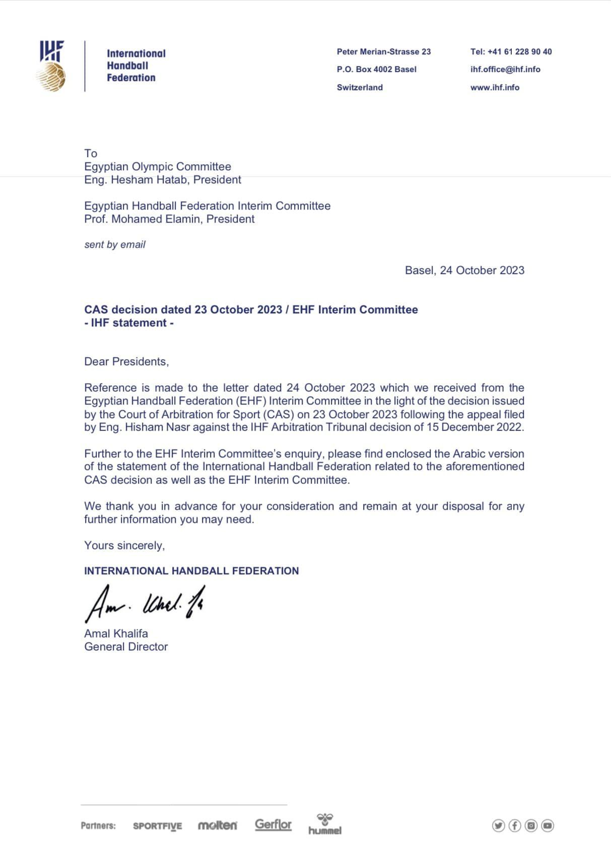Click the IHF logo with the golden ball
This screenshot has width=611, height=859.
[52, 66]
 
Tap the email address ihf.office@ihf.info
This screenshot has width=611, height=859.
[505, 70]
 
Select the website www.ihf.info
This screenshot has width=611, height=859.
[495, 88]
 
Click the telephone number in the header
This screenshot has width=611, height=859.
[511, 52]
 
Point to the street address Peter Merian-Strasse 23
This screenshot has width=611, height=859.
[384, 52]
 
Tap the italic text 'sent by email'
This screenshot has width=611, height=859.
[115, 245]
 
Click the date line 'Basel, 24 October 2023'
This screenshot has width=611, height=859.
[464, 271]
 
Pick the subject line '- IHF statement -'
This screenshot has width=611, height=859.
[129, 323]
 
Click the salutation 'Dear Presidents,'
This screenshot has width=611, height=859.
[126, 362]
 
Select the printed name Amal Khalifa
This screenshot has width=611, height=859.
[116, 634]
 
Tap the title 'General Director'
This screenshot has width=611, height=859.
[126, 647]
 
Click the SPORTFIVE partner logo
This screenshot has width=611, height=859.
[157, 826]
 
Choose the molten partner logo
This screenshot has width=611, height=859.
[217, 825]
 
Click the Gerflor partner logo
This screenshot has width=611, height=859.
[273, 825]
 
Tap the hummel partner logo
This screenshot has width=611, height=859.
[325, 825]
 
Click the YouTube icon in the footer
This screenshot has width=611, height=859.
[548, 825]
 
